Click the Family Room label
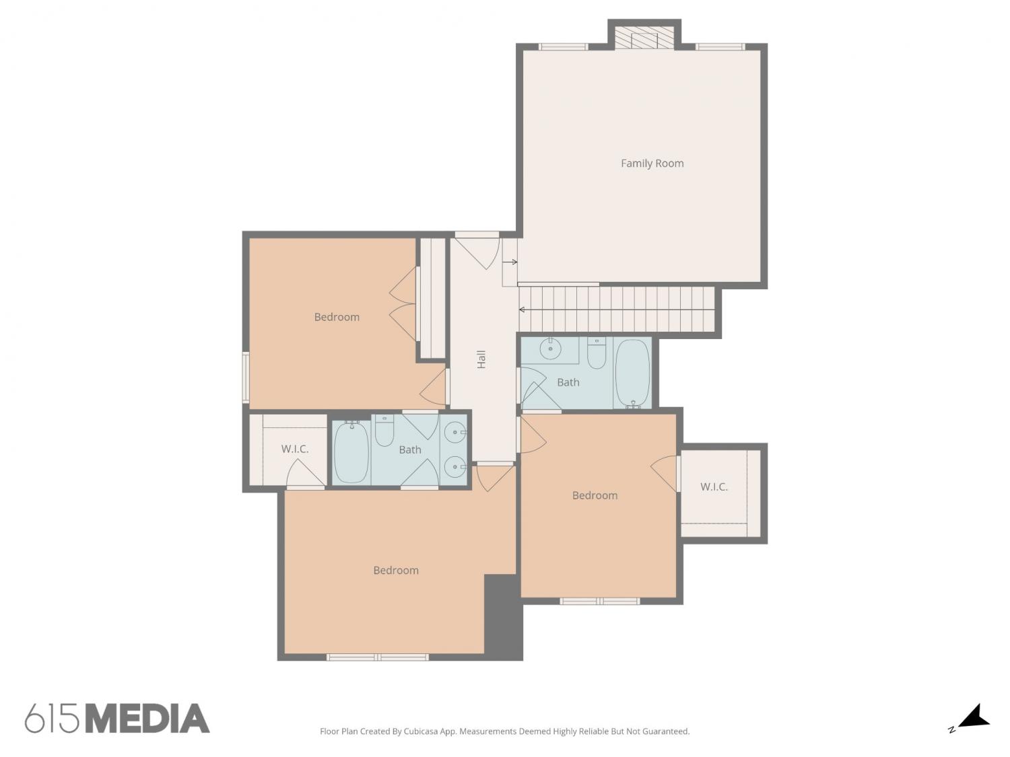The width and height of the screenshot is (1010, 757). (652, 163)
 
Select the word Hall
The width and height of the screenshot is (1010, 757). (481, 359)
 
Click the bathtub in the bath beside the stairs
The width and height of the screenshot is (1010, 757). (632, 373)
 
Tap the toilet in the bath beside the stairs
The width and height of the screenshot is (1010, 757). (597, 353)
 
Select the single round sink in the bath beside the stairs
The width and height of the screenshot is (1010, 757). (550, 349)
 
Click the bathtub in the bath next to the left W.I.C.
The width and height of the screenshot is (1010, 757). (351, 452)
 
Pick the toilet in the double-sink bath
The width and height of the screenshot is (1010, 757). (384, 430)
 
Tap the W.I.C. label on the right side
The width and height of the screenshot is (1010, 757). (714, 486)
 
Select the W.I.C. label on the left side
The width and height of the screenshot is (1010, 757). (294, 449)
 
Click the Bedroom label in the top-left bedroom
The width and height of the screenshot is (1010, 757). (337, 317)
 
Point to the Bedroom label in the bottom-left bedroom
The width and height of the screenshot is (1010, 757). (396, 571)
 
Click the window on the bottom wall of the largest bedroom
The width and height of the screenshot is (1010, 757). (377, 657)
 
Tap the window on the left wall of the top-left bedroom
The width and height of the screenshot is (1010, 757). (246, 377)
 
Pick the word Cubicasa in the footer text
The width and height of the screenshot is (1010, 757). (421, 731)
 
